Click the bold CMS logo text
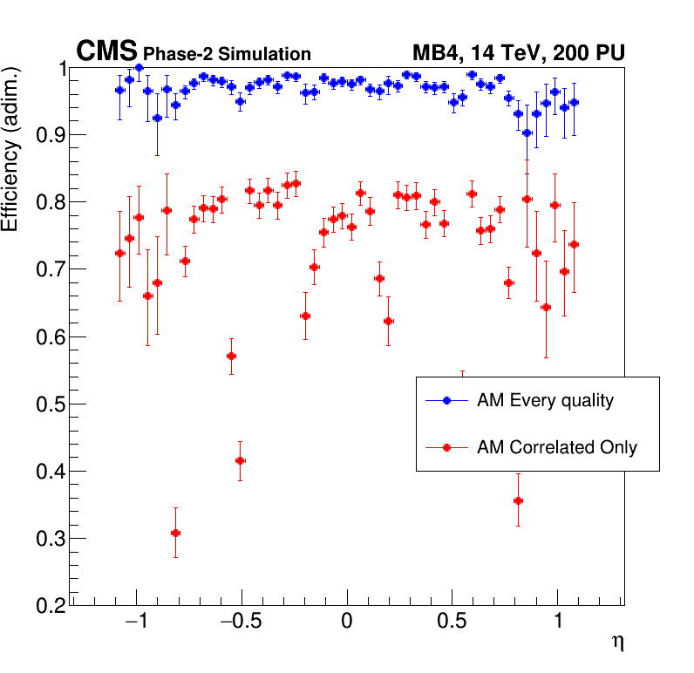coord(107,52)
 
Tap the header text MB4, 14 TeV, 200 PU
coord(518,54)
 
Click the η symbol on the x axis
coord(617,643)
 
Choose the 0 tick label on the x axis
coord(347,624)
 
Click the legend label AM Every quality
coord(545,401)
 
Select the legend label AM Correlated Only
coord(556,447)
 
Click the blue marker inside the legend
coord(446,401)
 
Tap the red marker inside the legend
coord(446,447)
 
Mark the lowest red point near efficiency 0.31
coord(175,533)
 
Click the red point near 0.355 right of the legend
coord(518,500)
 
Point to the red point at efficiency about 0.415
coord(240,460)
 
